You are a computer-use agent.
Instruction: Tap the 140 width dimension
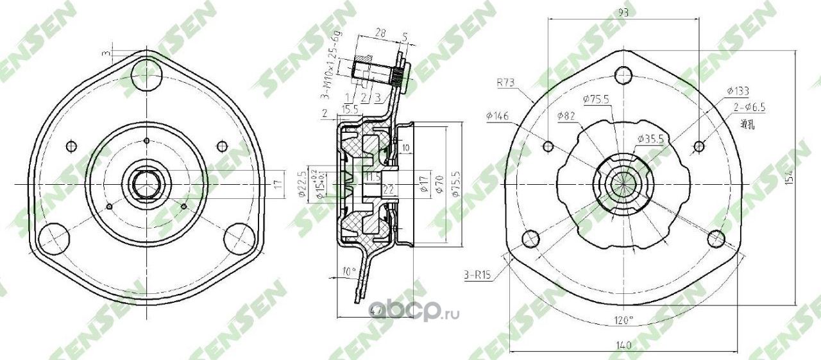tap(622, 345)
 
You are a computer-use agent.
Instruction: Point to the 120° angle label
tap(622, 319)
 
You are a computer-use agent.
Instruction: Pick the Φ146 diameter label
tap(498, 116)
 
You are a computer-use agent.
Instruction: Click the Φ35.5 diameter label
tap(648, 138)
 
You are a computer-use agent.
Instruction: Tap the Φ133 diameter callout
tap(738, 91)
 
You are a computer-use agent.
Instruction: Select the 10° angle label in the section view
tap(349, 271)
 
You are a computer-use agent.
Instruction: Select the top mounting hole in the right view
tap(621, 75)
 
